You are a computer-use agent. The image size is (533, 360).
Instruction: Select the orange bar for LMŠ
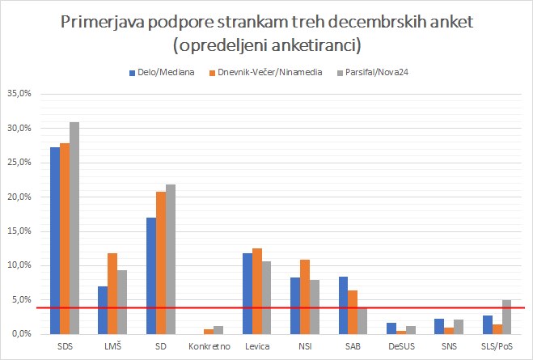(x=112, y=293)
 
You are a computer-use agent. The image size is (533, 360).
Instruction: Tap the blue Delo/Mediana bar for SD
(x=150, y=275)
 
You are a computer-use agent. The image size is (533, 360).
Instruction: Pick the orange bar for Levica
(x=257, y=291)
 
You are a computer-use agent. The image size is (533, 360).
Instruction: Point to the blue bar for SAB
(x=342, y=305)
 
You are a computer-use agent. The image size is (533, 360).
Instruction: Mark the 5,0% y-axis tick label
(x=21, y=300)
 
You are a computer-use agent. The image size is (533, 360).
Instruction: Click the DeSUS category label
(x=400, y=346)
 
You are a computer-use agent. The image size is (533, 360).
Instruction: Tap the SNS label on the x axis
(x=447, y=346)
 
